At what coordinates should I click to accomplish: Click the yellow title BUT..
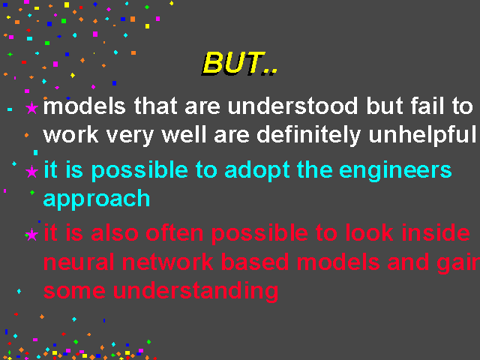[x=240, y=63]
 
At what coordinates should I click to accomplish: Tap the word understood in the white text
[x=292, y=106]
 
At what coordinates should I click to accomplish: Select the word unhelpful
[x=422, y=135]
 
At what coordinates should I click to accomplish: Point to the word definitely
[x=308, y=135]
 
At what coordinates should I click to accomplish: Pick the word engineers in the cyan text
[x=395, y=170]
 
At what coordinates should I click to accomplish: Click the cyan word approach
[x=97, y=199]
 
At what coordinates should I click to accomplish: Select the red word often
[x=175, y=233]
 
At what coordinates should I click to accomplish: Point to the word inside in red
[x=436, y=232]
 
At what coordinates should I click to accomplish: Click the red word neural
[x=79, y=262]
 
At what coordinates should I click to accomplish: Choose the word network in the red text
[x=167, y=262]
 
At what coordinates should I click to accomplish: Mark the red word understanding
[x=196, y=292]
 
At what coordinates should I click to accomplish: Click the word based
[x=255, y=262]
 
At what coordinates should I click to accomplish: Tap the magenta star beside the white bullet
[x=31, y=108]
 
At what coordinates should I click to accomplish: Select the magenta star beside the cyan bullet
[x=31, y=172]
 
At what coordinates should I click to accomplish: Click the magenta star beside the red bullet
[x=31, y=235]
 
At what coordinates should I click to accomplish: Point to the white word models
[x=84, y=106]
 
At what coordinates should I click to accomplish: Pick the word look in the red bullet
[x=369, y=232]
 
